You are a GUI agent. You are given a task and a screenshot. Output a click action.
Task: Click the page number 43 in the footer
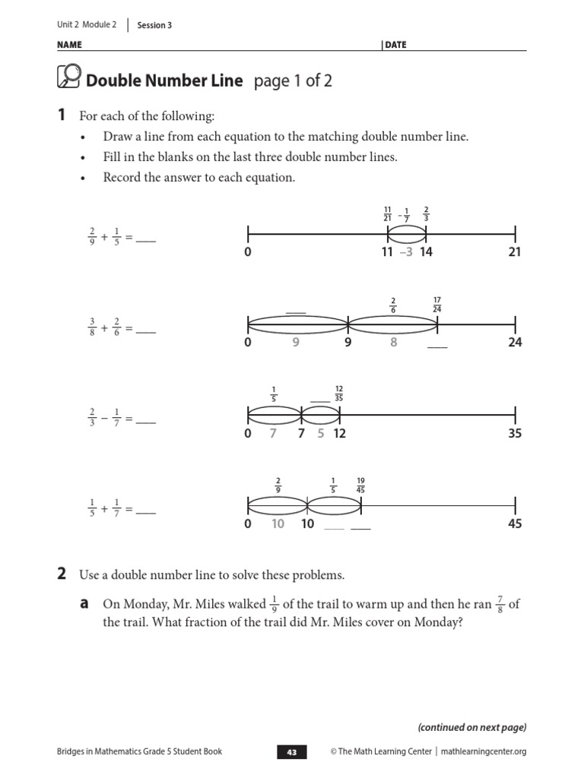pyautogui.click(x=292, y=752)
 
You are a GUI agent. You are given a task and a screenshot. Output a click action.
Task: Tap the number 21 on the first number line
pyautogui.click(x=515, y=252)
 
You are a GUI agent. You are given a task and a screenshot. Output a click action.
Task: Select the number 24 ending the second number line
pyautogui.click(x=515, y=343)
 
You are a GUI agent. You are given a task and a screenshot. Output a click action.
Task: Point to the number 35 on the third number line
pyautogui.click(x=515, y=434)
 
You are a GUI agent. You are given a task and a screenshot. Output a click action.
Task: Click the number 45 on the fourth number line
pyautogui.click(x=515, y=524)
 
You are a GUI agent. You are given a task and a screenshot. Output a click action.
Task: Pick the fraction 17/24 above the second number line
pyautogui.click(x=436, y=304)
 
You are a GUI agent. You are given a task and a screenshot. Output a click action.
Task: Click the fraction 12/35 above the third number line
pyautogui.click(x=339, y=394)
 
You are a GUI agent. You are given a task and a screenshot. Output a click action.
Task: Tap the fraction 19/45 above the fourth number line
pyautogui.click(x=360, y=485)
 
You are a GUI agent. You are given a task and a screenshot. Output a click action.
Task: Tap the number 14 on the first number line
pyautogui.click(x=425, y=252)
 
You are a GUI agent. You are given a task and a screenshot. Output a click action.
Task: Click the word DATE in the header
pyautogui.click(x=395, y=45)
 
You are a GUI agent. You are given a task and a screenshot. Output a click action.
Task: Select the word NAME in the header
pyautogui.click(x=69, y=45)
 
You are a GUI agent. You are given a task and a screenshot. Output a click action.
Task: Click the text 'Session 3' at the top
pyautogui.click(x=154, y=25)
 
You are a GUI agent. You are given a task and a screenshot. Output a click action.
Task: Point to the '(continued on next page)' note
pyautogui.click(x=471, y=727)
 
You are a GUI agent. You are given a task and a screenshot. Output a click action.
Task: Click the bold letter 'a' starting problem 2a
pyautogui.click(x=86, y=603)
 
